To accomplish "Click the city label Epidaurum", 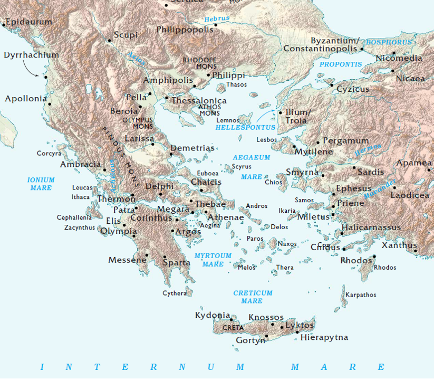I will [x=30, y=22].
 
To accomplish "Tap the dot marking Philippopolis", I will [x=216, y=24].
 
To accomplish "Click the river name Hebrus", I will [x=217, y=18].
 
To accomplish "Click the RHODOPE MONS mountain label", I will [x=199, y=63].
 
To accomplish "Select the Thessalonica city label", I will [x=199, y=101].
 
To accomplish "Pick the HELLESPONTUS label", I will [x=245, y=128].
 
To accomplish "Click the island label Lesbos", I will [x=266, y=140].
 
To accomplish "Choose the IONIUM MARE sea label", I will [x=41, y=184].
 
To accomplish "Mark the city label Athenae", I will [x=226, y=217].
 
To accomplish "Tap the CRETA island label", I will [x=233, y=328].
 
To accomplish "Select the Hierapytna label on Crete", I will [x=324, y=337].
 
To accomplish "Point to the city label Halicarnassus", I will [x=371, y=227].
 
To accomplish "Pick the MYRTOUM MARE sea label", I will [x=213, y=260].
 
